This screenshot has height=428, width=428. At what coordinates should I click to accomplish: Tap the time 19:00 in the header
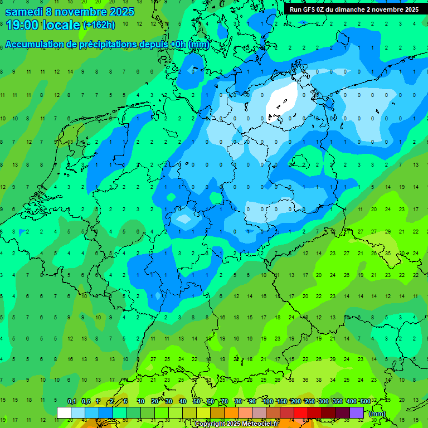click(x=23, y=25)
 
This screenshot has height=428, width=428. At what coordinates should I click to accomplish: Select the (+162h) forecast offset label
click(x=99, y=25)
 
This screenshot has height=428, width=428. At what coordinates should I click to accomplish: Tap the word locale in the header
click(x=62, y=25)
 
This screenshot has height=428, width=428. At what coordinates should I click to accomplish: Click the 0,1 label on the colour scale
click(x=71, y=402)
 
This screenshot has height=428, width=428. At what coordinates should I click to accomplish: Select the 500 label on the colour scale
click(x=365, y=402)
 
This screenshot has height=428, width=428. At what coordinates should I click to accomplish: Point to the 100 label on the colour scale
click(x=268, y=402)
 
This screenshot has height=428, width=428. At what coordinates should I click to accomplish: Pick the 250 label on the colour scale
click(x=310, y=402)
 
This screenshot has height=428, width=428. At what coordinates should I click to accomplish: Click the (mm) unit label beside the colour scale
click(x=377, y=414)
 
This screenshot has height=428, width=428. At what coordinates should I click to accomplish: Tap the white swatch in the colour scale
click(x=64, y=412)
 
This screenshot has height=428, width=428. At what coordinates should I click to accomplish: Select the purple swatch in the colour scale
click(x=357, y=412)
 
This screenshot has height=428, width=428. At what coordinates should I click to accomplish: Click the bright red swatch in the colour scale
click(x=301, y=412)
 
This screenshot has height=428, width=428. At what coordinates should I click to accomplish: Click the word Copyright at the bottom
click(x=211, y=424)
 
